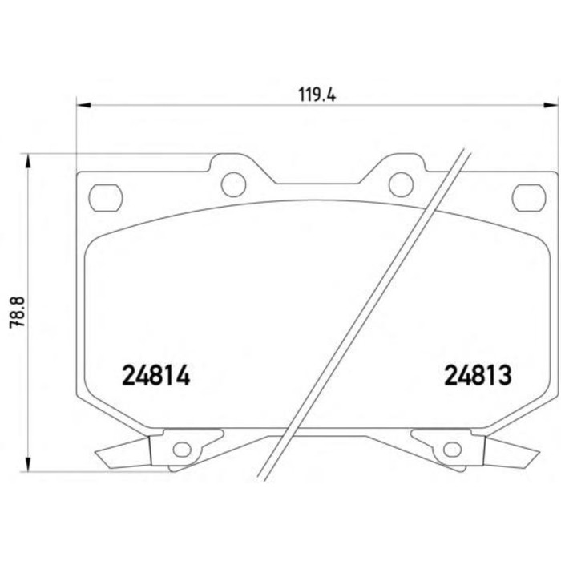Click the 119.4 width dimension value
(x=317, y=95)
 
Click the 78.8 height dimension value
(x=17, y=311)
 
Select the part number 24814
(x=155, y=375)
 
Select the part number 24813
(x=478, y=375)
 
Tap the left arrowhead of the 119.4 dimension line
(x=84, y=105)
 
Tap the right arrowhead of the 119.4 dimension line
(x=551, y=105)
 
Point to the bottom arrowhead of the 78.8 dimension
(x=27, y=464)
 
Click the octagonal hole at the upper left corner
(x=106, y=197)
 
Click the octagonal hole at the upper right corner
(x=529, y=197)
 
